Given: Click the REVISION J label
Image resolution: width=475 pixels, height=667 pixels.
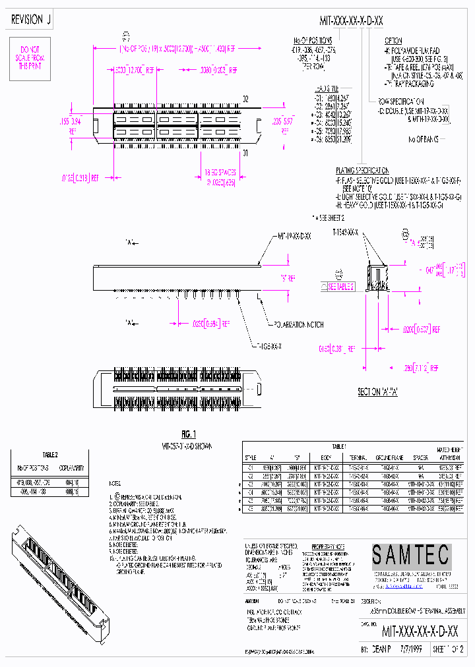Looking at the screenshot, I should tap(31, 20).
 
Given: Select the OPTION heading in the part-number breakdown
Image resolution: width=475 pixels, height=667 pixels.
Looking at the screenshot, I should tap(393, 40).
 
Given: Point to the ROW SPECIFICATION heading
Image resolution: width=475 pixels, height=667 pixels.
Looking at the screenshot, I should tap(401, 101).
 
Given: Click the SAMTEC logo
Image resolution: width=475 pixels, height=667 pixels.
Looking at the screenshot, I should tap(410, 556).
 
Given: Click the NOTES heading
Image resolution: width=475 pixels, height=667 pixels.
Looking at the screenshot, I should tap(115, 484).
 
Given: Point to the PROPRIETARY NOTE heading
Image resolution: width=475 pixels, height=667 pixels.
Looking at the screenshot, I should tap(331, 547).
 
